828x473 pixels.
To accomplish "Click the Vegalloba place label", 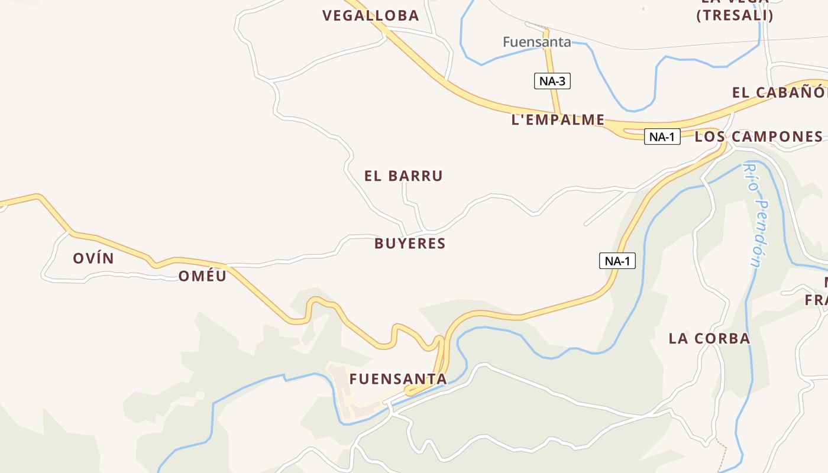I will pos(371,16).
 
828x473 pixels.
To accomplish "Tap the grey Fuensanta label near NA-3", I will pos(537,42).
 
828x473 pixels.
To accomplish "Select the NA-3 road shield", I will pos(552,81).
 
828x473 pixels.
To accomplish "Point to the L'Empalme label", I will pos(558,120).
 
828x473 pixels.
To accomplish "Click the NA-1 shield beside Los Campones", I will pos(662,137).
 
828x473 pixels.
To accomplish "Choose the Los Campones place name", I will pos(759,137).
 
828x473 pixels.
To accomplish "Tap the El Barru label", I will pos(403,176).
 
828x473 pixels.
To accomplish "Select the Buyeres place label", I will pos(410,244).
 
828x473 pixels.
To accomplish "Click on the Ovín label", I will pos(93,258).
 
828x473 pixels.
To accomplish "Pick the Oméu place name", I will pos(202,276).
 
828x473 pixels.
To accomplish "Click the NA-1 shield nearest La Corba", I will pos(617,261).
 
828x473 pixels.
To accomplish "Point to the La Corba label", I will pos(709,339).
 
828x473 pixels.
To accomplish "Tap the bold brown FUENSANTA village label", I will pos(398,379).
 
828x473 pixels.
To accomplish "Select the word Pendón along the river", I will pos(760,234).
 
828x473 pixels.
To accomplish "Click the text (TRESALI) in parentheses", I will pos(735,16).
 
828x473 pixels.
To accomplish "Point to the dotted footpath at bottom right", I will pos(722,455).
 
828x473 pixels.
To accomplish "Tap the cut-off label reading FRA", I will pos(816,300).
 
